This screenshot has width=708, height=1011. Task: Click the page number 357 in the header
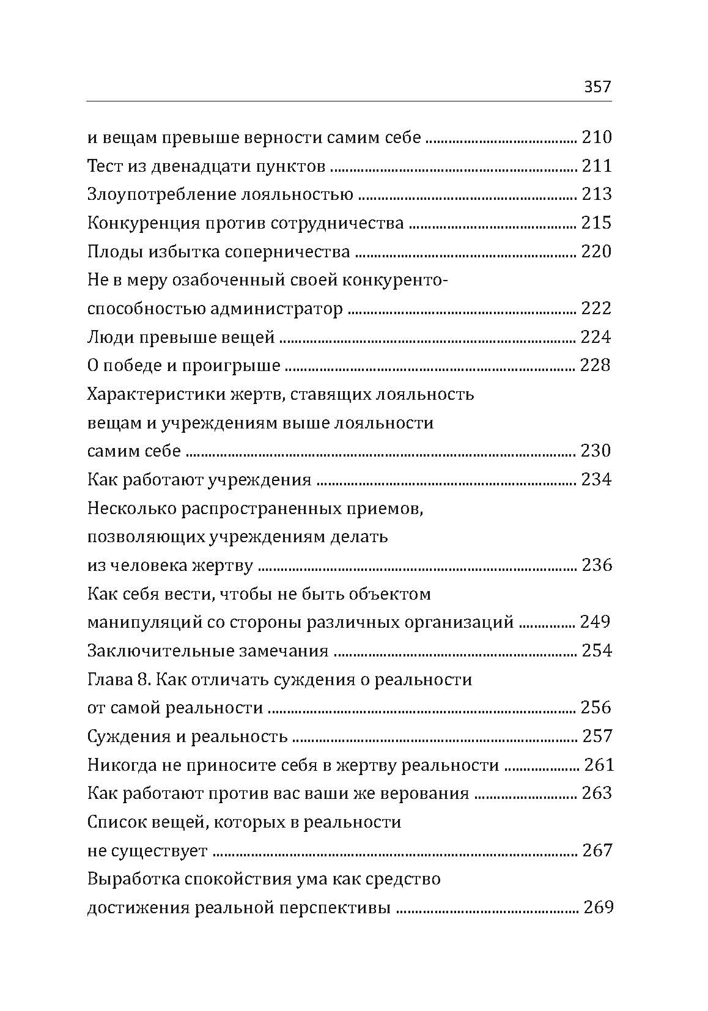point(597,87)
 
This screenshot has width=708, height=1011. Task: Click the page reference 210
point(596,138)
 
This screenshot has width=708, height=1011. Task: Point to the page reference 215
point(596,223)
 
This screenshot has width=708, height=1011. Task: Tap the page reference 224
point(596,337)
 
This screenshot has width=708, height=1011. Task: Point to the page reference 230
point(596,451)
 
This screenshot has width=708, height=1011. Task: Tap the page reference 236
point(596,565)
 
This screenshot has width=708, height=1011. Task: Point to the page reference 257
point(596,737)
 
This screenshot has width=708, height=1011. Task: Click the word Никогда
point(122,765)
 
